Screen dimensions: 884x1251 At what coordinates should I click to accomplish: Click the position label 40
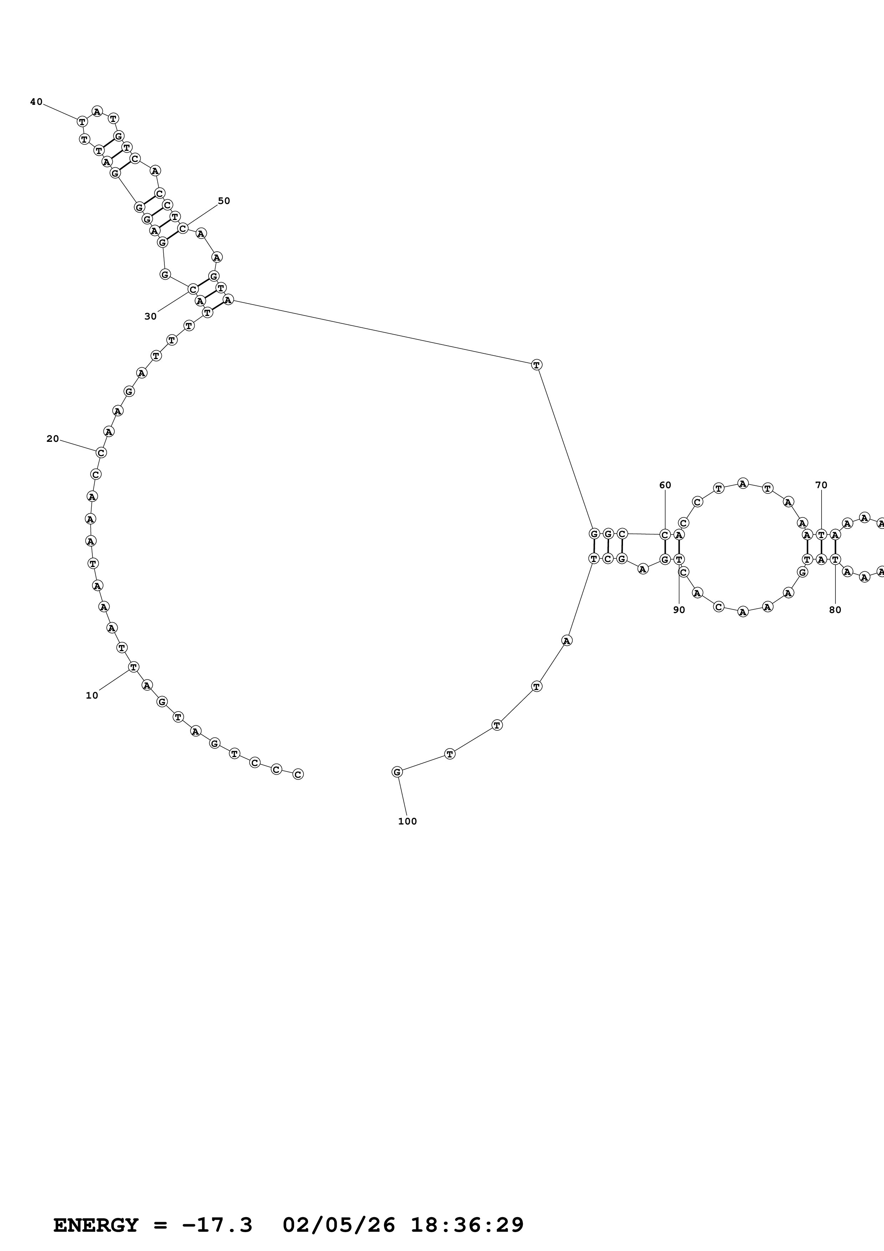click(36, 102)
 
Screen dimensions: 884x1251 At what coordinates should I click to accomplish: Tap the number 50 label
click(224, 201)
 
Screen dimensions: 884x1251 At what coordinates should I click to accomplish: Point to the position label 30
click(150, 317)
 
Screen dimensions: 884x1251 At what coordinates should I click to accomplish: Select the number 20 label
click(52, 439)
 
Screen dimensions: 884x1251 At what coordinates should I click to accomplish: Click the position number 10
click(92, 695)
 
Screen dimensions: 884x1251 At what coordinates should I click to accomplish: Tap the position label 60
click(665, 485)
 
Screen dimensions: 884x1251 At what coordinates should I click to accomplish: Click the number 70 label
click(821, 485)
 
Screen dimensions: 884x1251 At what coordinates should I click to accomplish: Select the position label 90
click(679, 610)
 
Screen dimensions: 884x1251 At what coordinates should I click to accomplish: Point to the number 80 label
click(835, 610)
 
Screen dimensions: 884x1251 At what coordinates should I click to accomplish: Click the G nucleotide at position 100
click(397, 772)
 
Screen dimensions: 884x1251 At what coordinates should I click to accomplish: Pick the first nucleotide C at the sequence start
click(298, 774)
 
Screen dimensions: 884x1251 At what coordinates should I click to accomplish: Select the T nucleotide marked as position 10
click(133, 667)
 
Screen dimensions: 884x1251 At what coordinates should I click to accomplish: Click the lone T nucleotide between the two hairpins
click(537, 364)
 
